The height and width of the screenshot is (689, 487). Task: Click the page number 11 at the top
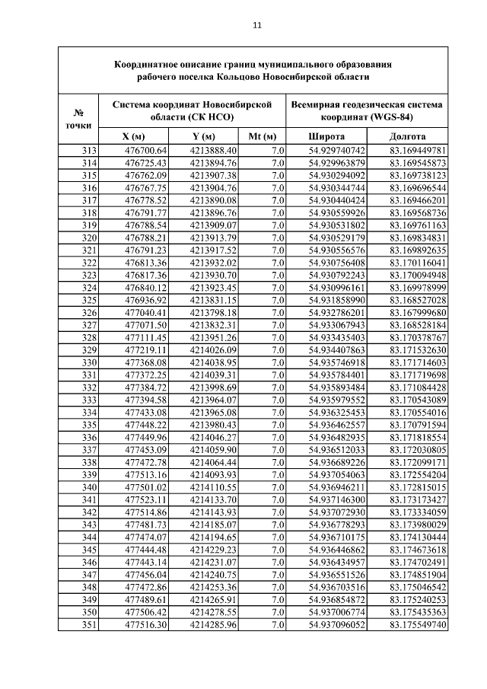257,25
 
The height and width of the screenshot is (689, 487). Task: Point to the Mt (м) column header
262,136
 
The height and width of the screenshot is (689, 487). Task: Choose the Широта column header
327,136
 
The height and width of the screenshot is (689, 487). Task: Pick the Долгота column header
407,136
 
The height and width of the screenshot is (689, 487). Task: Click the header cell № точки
78,117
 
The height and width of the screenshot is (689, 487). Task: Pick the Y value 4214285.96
213,625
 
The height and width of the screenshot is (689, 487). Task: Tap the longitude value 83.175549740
418,625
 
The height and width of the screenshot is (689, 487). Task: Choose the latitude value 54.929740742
337,150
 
